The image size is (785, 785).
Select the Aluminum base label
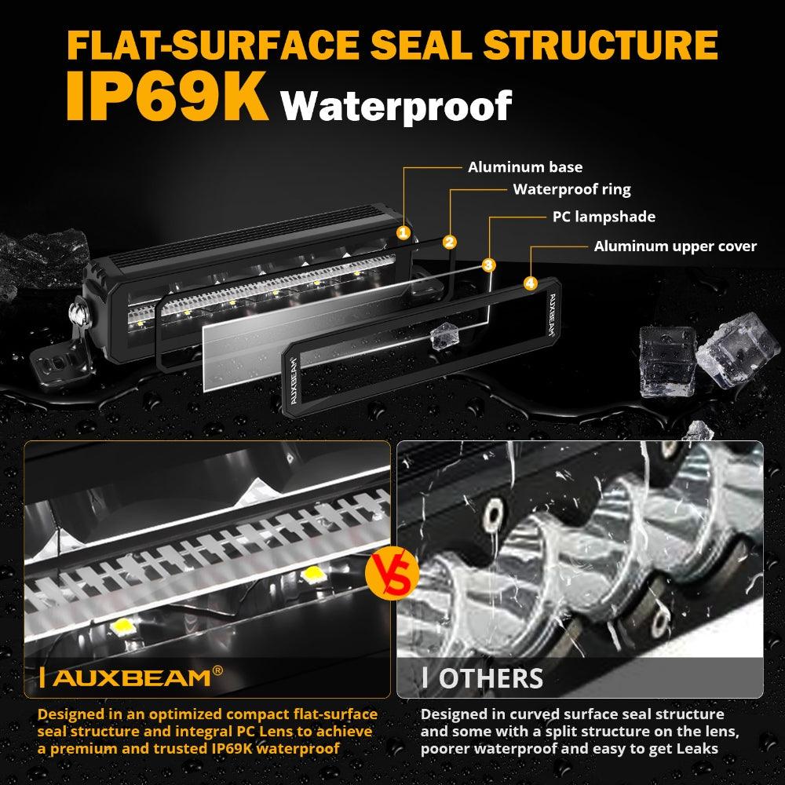click(525, 167)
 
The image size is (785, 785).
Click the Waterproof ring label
click(571, 189)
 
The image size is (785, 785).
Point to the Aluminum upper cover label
click(675, 246)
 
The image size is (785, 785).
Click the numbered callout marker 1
click(403, 232)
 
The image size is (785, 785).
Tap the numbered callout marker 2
click(449, 242)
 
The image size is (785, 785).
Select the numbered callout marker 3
click(488, 265)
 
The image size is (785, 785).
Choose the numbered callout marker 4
click(531, 283)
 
